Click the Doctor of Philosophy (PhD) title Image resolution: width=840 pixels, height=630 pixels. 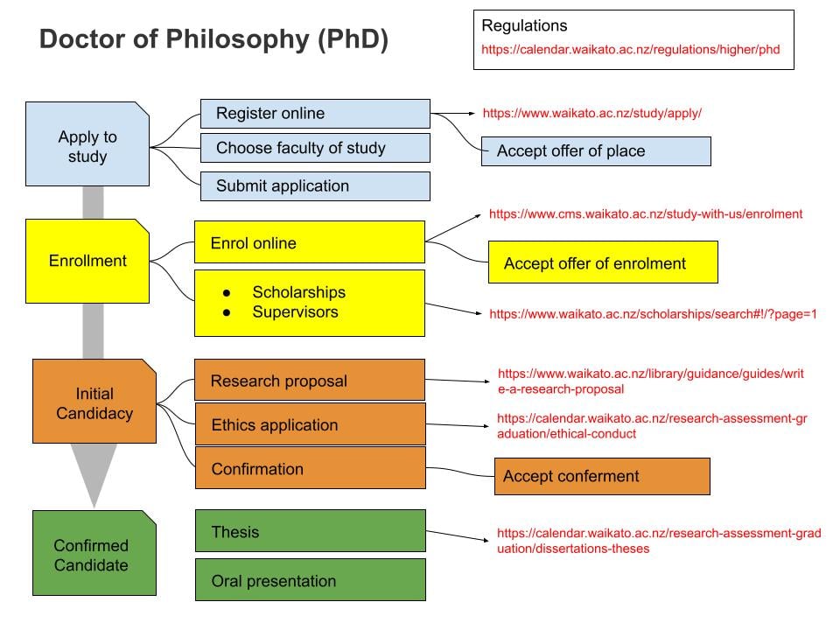214,40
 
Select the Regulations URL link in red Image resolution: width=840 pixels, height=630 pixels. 630,50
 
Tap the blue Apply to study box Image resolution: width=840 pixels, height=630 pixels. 87,144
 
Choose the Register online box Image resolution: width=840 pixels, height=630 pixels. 315,114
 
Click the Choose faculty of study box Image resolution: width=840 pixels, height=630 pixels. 315,149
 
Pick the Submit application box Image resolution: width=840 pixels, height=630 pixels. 315,186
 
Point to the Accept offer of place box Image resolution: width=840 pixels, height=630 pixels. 596,151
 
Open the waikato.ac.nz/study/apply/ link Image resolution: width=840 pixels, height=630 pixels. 592,113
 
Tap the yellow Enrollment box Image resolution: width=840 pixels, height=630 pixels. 87,261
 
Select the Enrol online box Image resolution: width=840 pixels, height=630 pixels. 309,243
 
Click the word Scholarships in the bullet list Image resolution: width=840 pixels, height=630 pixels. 298,292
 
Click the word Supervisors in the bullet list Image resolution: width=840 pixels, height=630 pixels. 295,312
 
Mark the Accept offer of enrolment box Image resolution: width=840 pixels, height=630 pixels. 603,263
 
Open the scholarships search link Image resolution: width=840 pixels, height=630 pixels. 653,313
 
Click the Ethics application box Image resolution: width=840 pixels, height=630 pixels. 309,425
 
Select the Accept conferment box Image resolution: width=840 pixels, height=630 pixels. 602,477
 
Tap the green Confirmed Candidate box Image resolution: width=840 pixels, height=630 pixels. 94,555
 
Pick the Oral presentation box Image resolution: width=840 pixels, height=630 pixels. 309,581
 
